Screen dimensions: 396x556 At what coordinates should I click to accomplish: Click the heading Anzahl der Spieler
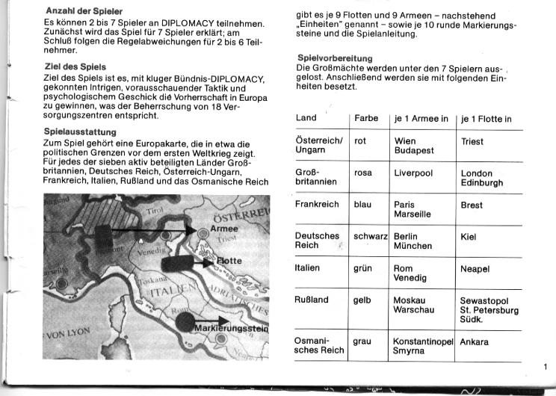(84, 11)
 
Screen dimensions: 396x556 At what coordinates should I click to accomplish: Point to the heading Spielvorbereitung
(335, 58)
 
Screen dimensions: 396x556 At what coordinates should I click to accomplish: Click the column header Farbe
(366, 118)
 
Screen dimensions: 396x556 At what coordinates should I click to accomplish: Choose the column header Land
(306, 118)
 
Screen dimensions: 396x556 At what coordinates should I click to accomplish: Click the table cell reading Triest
(472, 141)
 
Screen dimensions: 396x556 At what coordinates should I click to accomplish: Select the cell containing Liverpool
(413, 173)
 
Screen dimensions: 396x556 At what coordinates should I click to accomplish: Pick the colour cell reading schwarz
(370, 235)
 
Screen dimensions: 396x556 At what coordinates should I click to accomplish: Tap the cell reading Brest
(472, 204)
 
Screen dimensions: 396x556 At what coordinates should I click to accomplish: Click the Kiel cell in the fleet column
(469, 235)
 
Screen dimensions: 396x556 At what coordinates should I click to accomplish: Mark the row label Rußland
(312, 300)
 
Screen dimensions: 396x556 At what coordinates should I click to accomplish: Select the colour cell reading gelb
(363, 300)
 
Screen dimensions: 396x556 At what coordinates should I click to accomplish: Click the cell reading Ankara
(475, 342)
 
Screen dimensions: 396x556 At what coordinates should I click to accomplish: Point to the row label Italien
(308, 267)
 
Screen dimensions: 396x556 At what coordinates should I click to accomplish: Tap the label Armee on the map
(224, 228)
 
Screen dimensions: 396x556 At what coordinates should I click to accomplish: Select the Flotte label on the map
(229, 262)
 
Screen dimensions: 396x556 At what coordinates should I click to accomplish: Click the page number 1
(546, 365)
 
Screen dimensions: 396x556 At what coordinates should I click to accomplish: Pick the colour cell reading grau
(362, 342)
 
